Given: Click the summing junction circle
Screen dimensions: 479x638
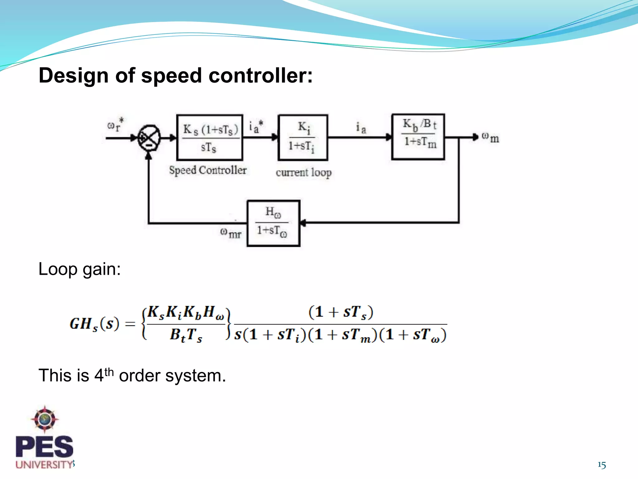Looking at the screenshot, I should (149, 138).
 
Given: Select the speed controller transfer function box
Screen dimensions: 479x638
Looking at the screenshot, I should (209, 138).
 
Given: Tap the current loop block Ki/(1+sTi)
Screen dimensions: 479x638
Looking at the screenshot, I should (302, 137).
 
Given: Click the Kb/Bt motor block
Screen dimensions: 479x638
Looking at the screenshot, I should (418, 137).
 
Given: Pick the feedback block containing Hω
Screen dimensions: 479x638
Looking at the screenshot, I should (273, 223).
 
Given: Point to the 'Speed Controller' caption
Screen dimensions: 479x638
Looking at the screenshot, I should (208, 170).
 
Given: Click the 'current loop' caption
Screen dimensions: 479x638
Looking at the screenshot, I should (303, 172).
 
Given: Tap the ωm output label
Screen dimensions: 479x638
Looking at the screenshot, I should (490, 137).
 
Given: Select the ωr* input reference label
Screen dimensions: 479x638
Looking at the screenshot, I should (116, 125).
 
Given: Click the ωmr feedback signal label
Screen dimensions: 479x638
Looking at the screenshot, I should (231, 233).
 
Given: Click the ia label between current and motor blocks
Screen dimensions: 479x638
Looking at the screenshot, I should (361, 128).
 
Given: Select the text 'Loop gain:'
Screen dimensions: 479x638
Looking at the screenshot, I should (79, 269).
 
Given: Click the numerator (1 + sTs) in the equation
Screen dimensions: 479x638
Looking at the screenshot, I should (341, 312).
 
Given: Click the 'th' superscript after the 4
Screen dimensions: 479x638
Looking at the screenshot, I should (109, 372).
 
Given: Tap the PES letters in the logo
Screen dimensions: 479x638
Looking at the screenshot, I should (45, 447).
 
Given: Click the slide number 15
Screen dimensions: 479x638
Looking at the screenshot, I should (602, 465).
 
